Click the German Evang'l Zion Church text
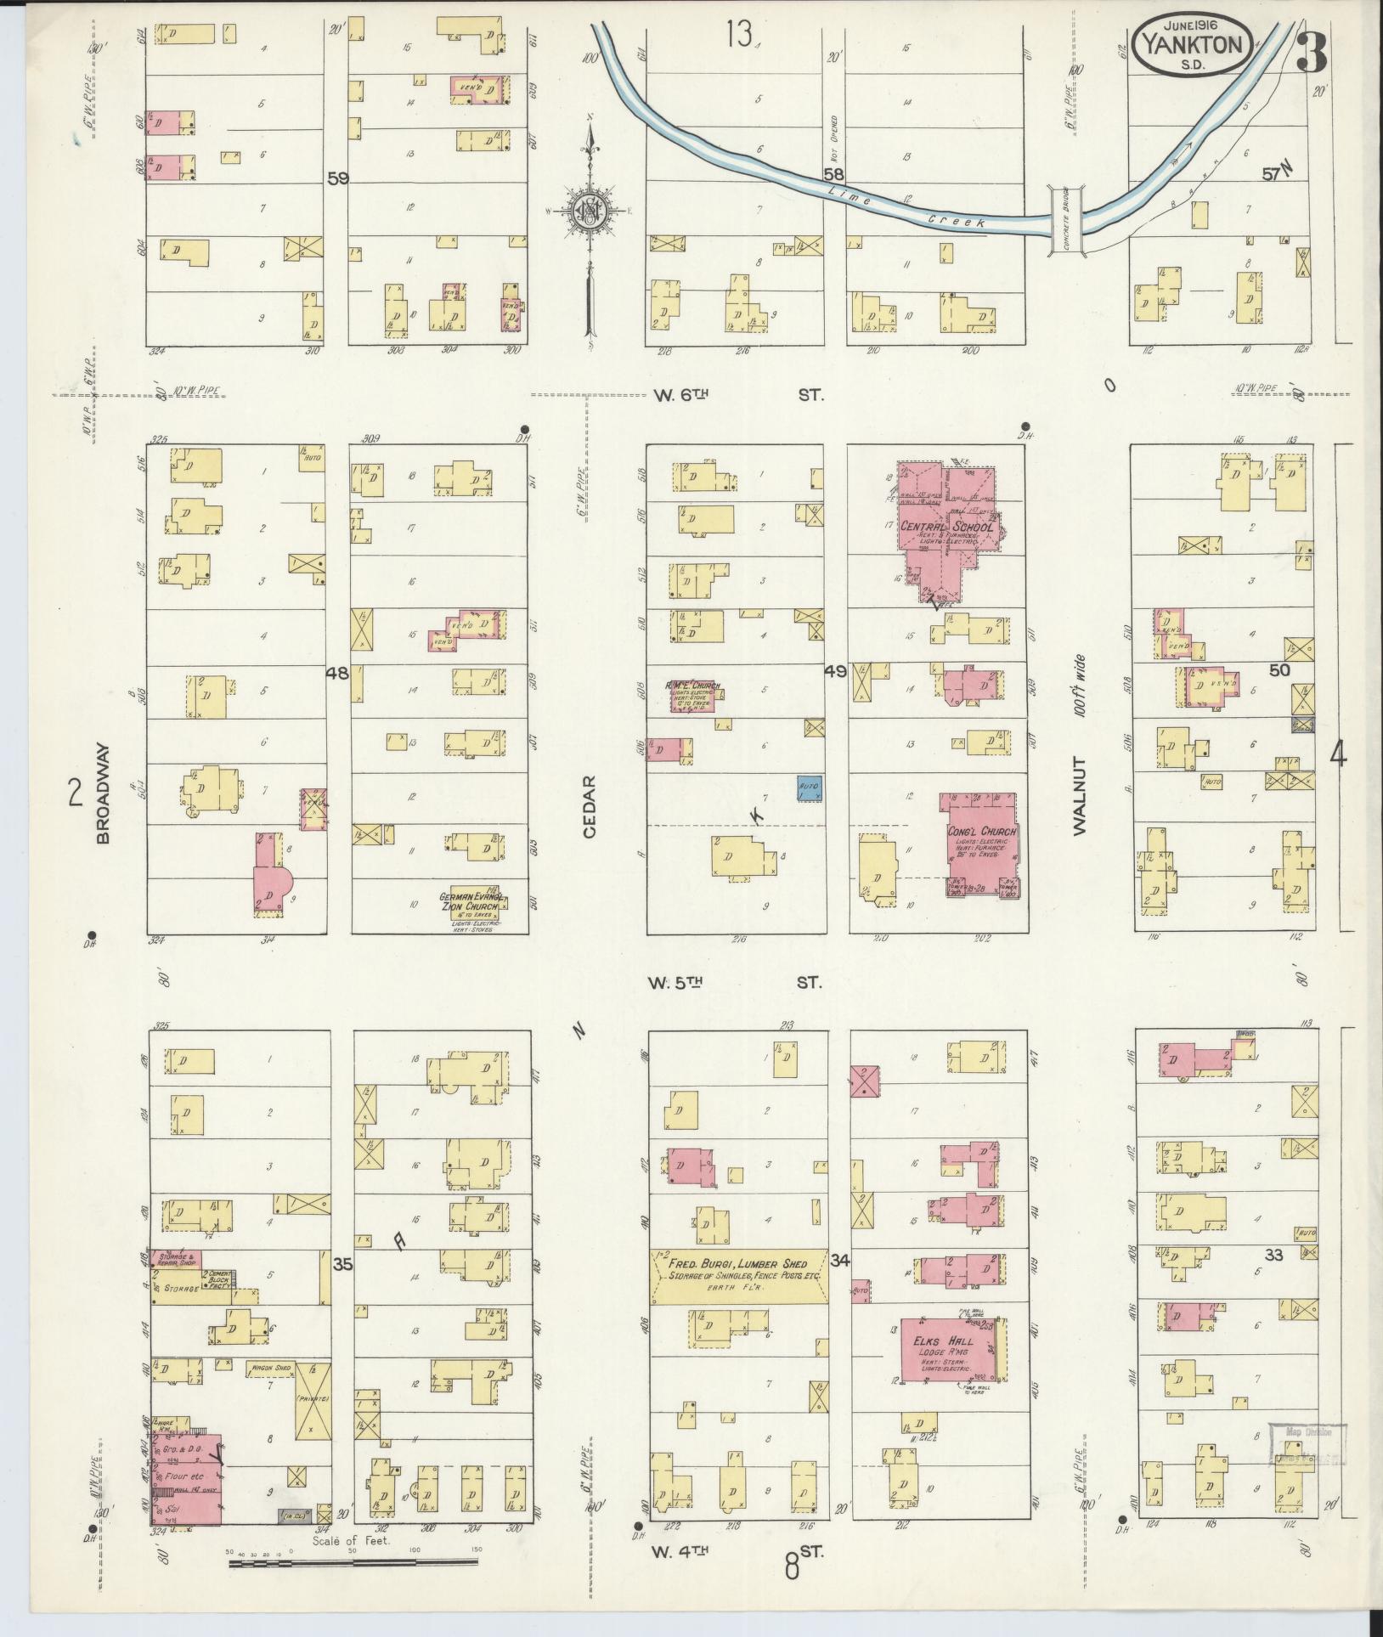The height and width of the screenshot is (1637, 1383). click(x=473, y=901)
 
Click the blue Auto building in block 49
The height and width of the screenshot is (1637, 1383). click(x=809, y=788)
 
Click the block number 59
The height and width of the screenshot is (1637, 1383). click(x=338, y=178)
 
